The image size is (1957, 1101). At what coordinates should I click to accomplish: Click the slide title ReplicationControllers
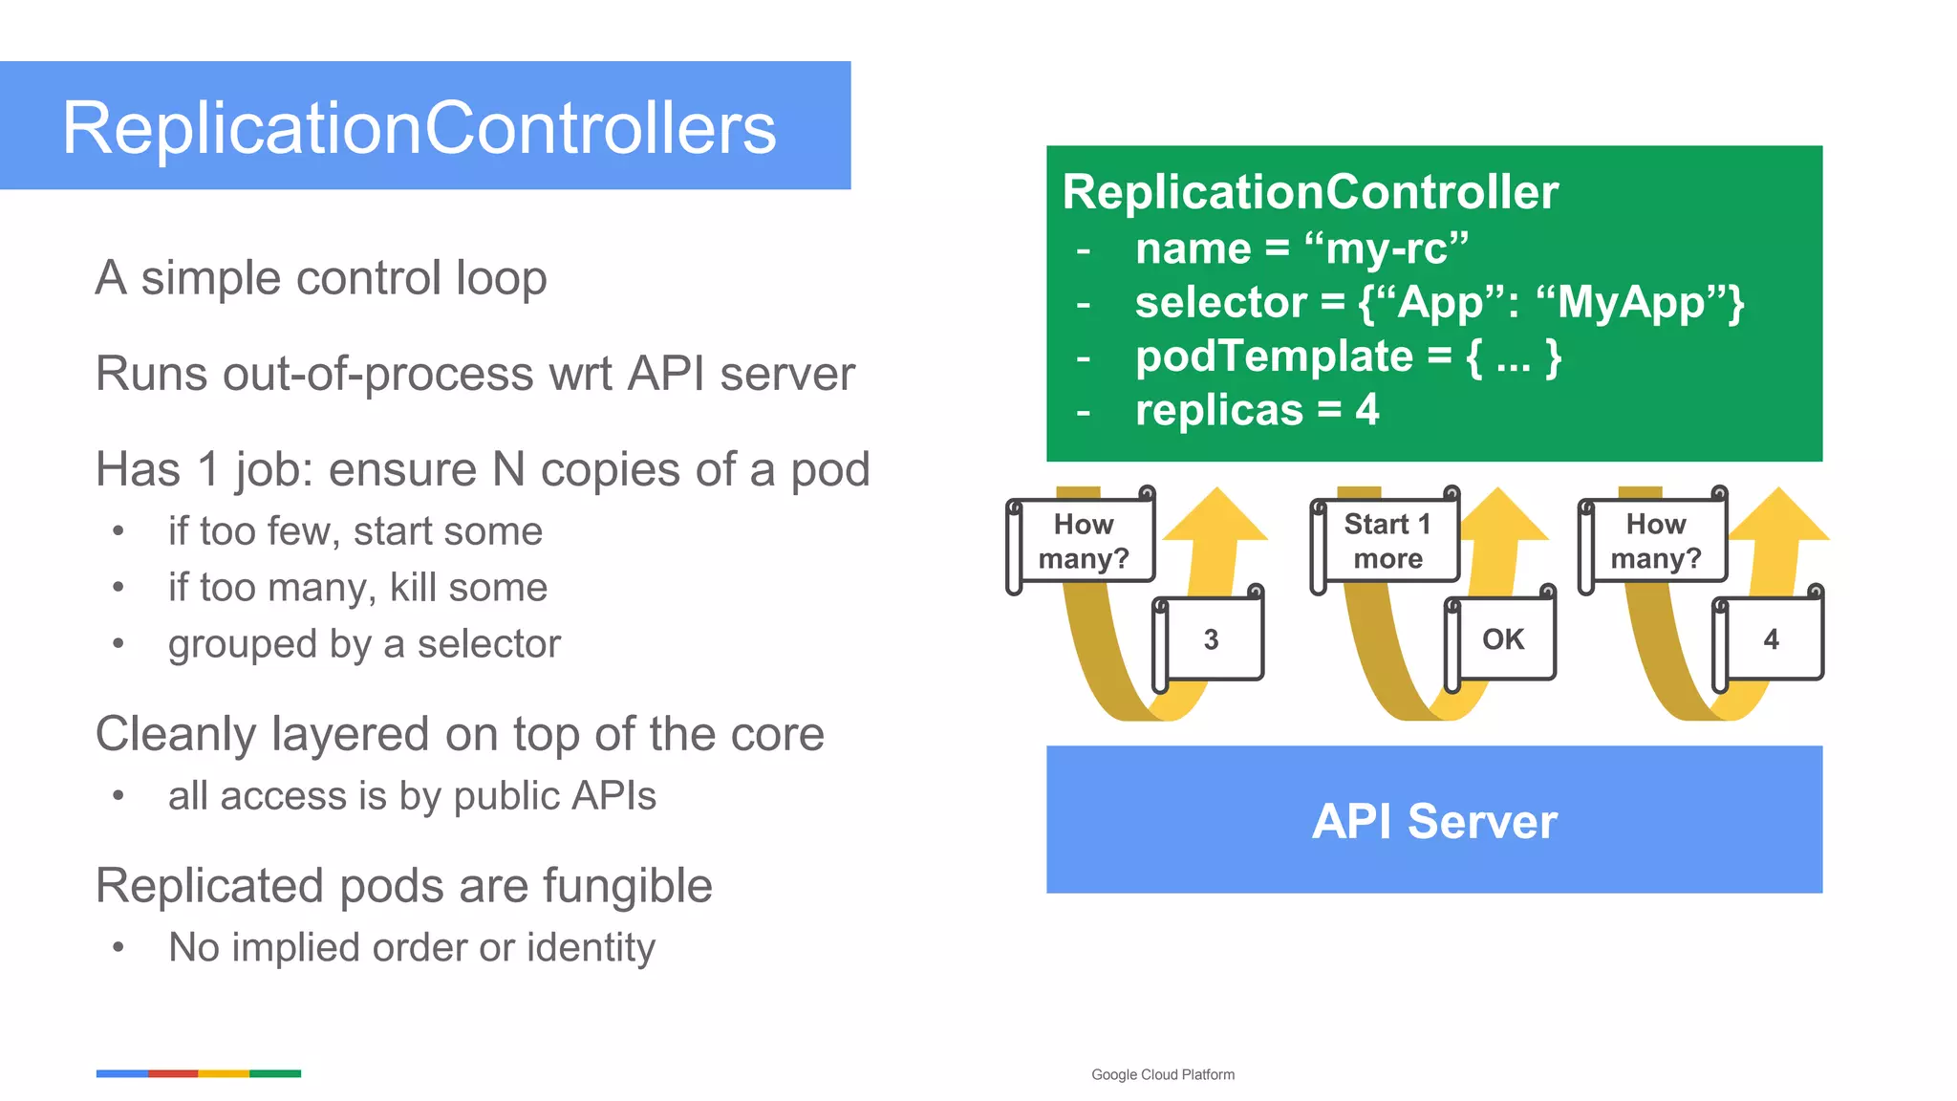[x=419, y=128]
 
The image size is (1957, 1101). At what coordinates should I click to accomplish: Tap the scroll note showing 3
[x=1211, y=639]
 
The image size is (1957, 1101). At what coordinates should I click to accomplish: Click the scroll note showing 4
[x=1771, y=639]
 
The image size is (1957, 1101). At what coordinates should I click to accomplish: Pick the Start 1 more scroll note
[x=1387, y=541]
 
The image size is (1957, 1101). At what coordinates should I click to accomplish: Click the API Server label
[x=1434, y=821]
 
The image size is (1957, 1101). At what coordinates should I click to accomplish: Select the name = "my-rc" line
[x=1301, y=248]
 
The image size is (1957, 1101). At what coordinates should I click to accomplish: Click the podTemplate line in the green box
[x=1347, y=356]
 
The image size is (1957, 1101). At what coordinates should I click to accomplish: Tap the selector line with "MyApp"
[x=1438, y=303]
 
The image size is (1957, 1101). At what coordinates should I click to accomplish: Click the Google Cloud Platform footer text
[x=1162, y=1074]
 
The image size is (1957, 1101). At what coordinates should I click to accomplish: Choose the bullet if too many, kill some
[x=357, y=587]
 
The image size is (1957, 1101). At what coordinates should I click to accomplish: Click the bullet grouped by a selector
[x=364, y=643]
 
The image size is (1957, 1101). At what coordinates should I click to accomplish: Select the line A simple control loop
[x=321, y=278]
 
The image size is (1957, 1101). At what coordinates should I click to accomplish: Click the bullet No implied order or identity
[x=411, y=947]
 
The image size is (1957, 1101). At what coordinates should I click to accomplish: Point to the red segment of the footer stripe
[x=173, y=1073]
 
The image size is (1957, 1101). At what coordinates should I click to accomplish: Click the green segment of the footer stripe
[x=275, y=1073]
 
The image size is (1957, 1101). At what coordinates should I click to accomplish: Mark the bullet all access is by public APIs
[x=412, y=795]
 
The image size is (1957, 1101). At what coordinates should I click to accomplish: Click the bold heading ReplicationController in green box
[x=1310, y=192]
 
